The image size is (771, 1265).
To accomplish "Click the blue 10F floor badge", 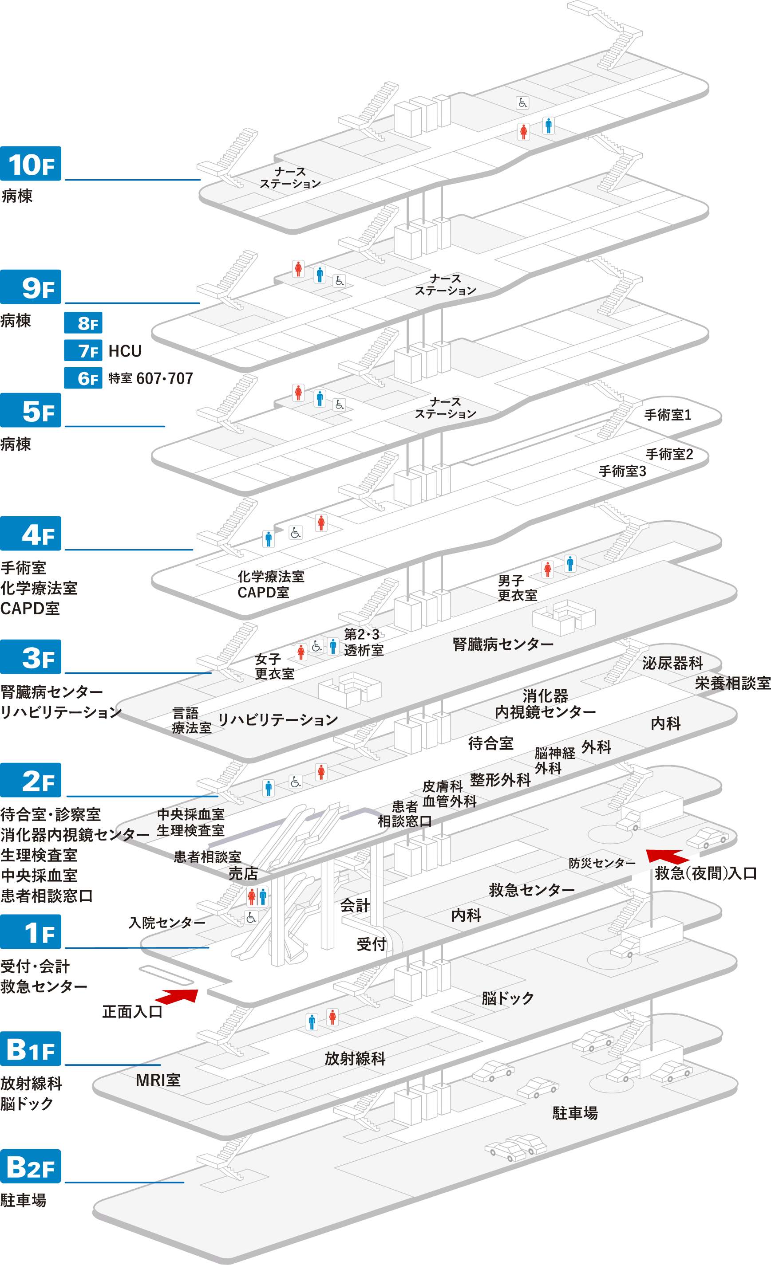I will pos(31,164).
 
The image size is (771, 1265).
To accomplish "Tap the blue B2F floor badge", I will pos(31,1167).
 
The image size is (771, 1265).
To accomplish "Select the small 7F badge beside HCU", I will pos(83,351).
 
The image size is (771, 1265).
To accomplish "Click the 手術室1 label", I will pos(668,415).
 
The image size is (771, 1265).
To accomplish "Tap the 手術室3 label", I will pos(622,471).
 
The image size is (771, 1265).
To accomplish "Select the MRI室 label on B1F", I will pos(158,1080).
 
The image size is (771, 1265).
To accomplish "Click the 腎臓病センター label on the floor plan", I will pos(503,644).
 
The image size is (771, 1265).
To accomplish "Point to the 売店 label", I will pos(243,873).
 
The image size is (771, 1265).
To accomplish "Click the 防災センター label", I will pos(602,863).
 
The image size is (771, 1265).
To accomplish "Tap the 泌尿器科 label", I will pos(672,663).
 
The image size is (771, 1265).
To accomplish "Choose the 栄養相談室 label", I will pos(732,684).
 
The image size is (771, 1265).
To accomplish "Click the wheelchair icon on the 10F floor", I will pos(522,102).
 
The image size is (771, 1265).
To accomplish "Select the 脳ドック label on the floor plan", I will pos(508,998).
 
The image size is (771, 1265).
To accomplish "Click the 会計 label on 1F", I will pos(355,905).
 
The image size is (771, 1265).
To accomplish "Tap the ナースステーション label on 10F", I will pos(290,177).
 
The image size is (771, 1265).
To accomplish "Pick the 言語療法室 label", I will pos(192,720).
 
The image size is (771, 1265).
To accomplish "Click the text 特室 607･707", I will pos(150,378).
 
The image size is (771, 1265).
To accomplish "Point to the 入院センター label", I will pos(167,923).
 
